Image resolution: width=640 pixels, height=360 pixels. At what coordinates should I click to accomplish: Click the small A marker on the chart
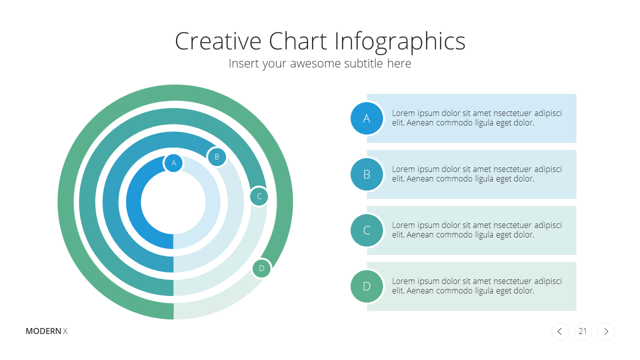(173, 163)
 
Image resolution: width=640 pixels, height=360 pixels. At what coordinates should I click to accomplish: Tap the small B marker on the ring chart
(217, 157)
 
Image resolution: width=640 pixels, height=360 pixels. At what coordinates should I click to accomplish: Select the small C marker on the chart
(259, 196)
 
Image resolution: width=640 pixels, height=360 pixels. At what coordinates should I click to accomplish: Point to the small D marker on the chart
(261, 268)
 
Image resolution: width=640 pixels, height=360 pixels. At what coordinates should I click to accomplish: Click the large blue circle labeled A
(366, 118)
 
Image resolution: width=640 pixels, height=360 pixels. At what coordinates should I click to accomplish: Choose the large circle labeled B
(366, 174)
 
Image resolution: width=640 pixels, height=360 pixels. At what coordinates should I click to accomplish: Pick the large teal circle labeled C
(366, 230)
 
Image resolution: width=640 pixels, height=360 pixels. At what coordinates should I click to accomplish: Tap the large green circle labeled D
(366, 286)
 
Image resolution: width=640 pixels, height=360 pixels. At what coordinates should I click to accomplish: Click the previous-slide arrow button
(560, 331)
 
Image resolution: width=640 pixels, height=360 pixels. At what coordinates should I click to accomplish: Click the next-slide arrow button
(606, 331)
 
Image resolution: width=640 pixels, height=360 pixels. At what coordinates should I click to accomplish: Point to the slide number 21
(582, 331)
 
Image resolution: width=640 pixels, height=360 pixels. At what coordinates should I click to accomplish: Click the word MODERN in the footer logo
(43, 331)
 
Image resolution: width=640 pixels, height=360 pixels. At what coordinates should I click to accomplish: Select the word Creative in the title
(218, 41)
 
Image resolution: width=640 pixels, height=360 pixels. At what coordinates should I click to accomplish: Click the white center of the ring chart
(173, 202)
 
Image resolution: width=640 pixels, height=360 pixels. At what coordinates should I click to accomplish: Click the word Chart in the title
(297, 41)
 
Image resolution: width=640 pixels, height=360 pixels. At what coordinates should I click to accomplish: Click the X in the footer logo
(65, 331)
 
